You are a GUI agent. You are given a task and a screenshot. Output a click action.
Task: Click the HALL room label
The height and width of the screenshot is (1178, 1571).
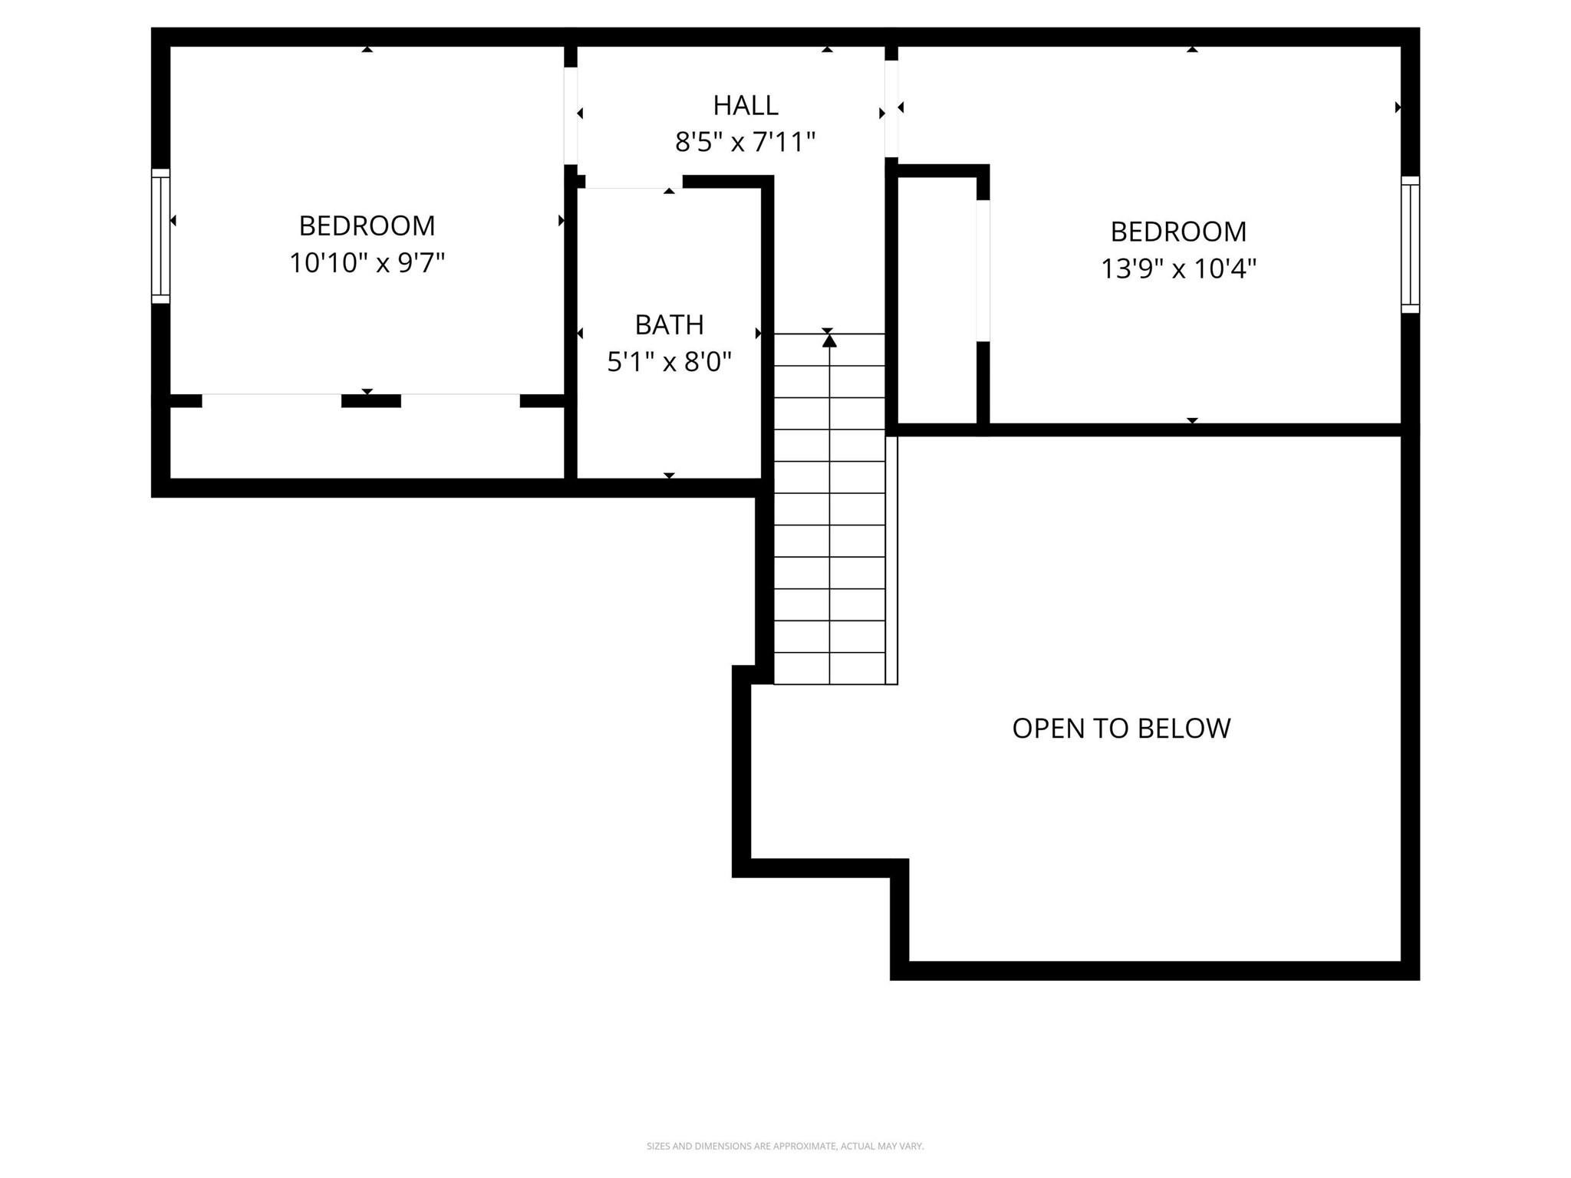tap(745, 105)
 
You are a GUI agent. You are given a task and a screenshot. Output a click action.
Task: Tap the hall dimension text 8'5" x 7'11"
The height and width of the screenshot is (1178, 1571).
tap(745, 142)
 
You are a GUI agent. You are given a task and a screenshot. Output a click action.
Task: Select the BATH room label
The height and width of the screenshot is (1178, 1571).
tap(669, 325)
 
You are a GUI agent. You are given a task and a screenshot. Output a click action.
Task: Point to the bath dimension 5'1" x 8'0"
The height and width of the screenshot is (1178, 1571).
tap(669, 361)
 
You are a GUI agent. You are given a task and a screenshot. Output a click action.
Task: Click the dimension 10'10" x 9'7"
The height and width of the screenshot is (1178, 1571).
tap(367, 263)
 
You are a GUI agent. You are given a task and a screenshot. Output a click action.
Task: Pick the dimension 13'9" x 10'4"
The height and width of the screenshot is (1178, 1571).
tap(1178, 268)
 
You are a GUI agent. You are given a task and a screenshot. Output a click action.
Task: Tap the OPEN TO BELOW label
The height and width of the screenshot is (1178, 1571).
tap(1121, 728)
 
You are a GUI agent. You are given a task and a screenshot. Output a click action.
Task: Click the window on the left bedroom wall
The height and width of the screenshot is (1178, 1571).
tap(160, 236)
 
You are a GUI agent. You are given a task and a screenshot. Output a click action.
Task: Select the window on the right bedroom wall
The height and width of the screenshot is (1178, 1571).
tap(1410, 245)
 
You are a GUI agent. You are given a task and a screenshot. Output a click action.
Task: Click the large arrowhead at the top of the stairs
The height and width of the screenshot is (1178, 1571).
tap(829, 341)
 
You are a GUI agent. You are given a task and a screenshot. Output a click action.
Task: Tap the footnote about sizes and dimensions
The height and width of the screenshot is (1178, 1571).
tap(785, 1146)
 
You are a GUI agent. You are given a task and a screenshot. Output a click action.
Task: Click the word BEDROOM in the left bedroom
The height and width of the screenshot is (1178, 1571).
tap(367, 226)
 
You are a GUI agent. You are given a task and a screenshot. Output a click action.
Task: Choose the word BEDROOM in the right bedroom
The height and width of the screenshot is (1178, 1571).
tap(1178, 232)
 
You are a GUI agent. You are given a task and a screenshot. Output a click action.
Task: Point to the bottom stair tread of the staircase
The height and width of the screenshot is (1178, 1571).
tap(829, 669)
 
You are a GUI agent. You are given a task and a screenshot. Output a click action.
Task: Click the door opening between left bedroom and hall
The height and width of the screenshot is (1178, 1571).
tap(571, 115)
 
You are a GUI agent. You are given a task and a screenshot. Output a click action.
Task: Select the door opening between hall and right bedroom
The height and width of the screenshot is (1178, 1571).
tap(891, 108)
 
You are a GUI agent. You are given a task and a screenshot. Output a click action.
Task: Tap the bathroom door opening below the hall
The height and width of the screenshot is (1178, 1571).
tap(634, 183)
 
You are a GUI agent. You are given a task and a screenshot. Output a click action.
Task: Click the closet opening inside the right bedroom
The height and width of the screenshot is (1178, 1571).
tap(983, 271)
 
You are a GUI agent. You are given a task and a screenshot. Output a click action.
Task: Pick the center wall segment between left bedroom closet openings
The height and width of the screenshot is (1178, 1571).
tap(371, 401)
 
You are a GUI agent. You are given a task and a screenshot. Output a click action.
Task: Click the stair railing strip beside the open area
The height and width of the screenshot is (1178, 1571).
tap(891, 560)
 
